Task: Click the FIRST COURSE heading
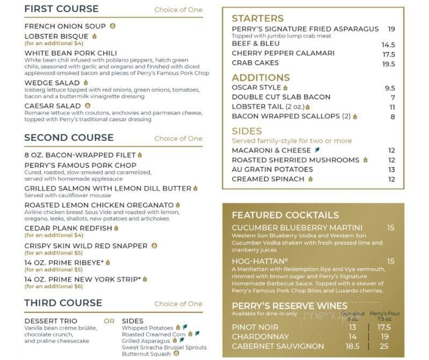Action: pyautogui.click(x=61, y=9)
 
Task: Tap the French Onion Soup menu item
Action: pyautogui.click(x=66, y=26)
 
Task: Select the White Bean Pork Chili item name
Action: pyautogui.click(x=67, y=53)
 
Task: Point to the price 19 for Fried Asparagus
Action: pyautogui.click(x=391, y=29)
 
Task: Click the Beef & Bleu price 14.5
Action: pyautogui.click(x=388, y=45)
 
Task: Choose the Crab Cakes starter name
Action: pyautogui.click(x=255, y=63)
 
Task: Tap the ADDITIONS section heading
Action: pyautogui.click(x=260, y=77)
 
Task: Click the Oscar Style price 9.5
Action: pyautogui.click(x=390, y=88)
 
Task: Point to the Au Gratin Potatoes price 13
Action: pyautogui.click(x=391, y=170)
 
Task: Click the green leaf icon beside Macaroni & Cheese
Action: pyautogui.click(x=317, y=150)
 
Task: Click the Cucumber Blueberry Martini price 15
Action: pyautogui.click(x=390, y=228)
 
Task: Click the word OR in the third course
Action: pyautogui.click(x=109, y=321)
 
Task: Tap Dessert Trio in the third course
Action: pyautogui.click(x=49, y=321)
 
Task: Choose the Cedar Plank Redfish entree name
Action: pyautogui.click(x=68, y=228)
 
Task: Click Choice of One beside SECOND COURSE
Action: pyautogui.click(x=178, y=139)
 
